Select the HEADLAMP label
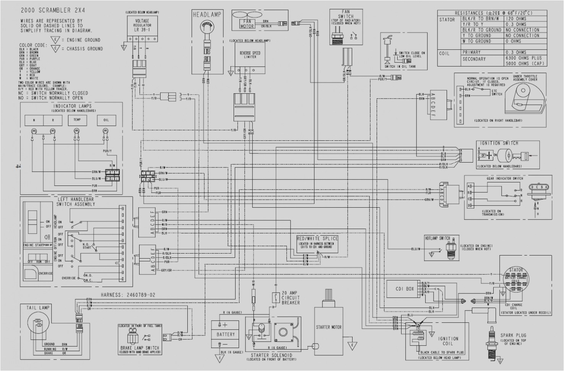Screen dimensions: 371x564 point(206,15)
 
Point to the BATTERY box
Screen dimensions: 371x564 point(226,334)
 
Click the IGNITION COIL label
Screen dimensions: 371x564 point(448,341)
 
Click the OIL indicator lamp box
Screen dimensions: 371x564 point(106,120)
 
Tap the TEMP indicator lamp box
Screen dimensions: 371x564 point(76,120)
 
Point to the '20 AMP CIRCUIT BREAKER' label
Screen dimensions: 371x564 point(291,298)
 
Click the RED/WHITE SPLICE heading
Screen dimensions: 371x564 point(317,239)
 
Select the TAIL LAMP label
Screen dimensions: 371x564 point(38,308)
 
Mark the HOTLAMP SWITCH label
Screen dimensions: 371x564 point(437,238)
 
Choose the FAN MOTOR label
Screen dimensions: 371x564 point(245,24)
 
